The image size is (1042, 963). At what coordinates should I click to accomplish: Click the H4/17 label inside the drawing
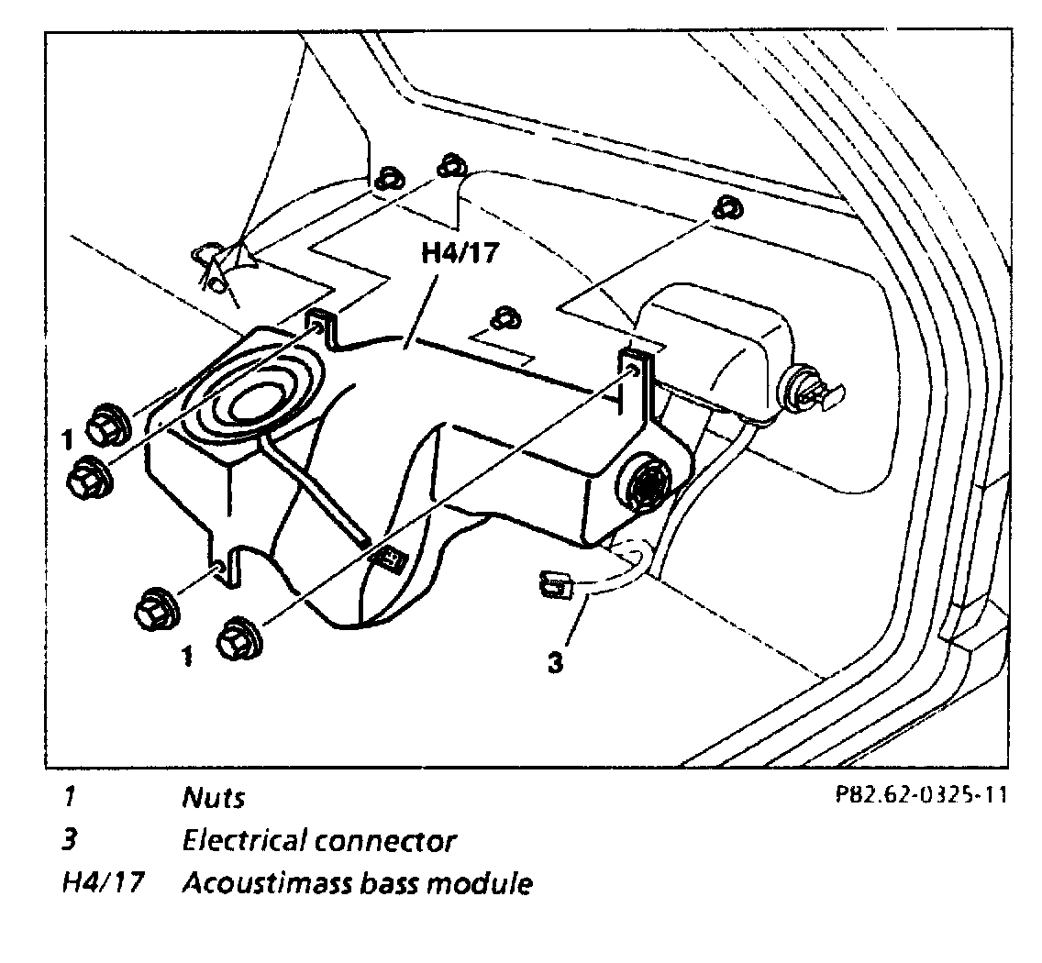[460, 252]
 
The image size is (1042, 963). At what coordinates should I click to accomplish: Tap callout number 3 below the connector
[555, 662]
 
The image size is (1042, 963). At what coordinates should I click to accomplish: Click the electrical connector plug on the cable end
[553, 581]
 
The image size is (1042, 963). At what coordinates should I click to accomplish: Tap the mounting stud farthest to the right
[729, 209]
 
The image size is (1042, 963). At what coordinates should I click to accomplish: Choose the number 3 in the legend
[68, 839]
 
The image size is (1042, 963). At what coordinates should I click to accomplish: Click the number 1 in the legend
[68, 796]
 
